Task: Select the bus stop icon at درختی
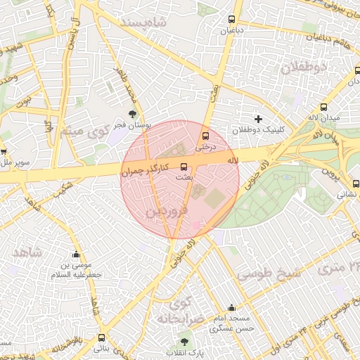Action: (206, 136)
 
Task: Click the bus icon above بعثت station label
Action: (184, 167)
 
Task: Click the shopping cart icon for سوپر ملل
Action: (3, 151)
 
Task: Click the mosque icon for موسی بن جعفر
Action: (76, 255)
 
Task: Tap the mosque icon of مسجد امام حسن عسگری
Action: (232, 308)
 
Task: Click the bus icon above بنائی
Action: (101, 337)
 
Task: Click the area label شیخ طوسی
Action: (268, 274)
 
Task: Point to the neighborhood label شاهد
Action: (27, 251)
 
